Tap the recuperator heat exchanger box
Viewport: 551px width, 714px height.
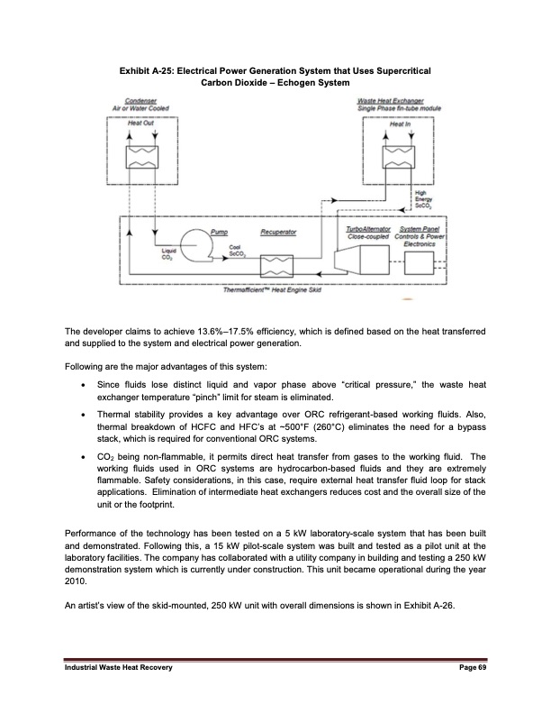point(276,265)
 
